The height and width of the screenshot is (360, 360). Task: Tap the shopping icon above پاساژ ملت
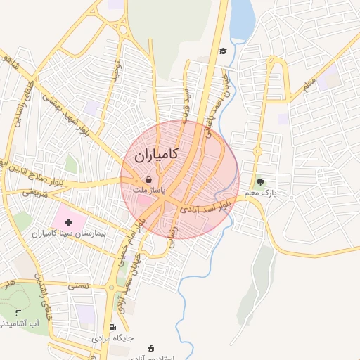[148, 180]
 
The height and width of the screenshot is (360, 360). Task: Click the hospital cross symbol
[77, 222]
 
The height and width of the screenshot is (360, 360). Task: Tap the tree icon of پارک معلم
[261, 182]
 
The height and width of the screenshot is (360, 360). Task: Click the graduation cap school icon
[223, 51]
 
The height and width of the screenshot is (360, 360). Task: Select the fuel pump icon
[112, 328]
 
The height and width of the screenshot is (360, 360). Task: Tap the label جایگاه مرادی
[112, 339]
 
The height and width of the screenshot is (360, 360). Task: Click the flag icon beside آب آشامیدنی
[18, 311]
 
